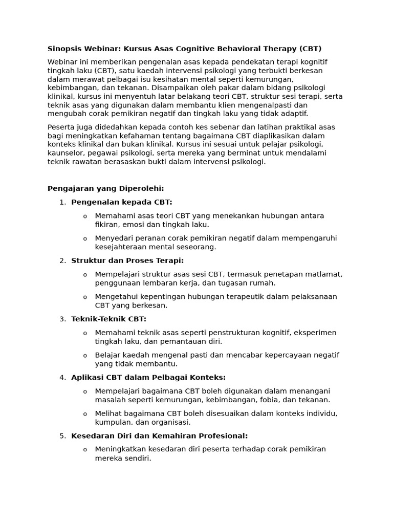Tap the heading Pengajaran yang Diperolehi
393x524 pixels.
[106, 188]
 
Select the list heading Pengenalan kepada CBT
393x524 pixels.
[122, 202]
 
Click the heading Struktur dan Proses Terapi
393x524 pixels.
[127, 260]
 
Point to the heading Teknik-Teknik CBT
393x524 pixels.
[108, 319]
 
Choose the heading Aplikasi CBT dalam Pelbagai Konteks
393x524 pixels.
[148, 377]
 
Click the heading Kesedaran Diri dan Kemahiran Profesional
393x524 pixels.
[159, 435]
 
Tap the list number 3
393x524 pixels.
[62, 319]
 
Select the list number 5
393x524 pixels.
[62, 435]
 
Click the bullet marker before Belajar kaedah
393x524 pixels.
[85, 356]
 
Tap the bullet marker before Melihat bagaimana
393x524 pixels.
[85, 414]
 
